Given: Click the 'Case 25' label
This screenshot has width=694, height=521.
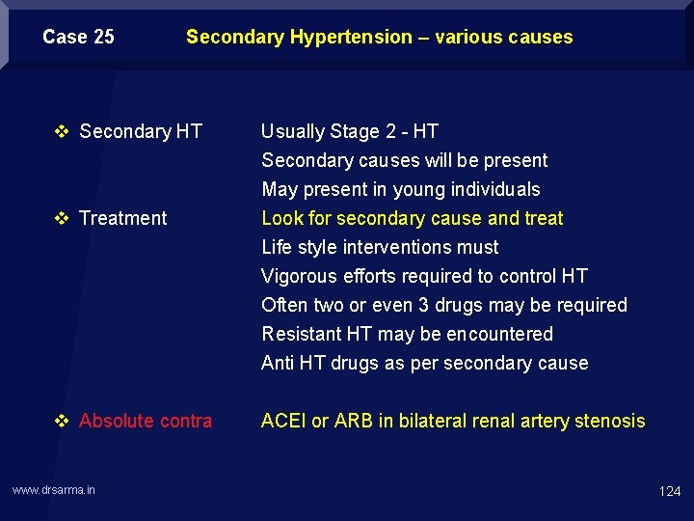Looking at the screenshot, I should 78,38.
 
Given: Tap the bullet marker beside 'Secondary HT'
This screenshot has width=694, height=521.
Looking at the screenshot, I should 63,131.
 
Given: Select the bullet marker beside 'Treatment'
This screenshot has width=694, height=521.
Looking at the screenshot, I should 63,218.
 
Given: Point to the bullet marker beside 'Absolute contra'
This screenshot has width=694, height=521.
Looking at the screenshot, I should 63,421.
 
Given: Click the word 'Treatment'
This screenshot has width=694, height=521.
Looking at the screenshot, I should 123,218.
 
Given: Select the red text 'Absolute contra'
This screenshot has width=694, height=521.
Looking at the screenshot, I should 146,421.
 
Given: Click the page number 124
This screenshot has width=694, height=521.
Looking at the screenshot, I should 669,491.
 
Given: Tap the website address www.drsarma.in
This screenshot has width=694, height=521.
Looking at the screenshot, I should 54,490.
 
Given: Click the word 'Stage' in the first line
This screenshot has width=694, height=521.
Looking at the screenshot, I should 354,131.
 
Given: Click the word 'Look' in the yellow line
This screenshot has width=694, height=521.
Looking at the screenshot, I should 281,218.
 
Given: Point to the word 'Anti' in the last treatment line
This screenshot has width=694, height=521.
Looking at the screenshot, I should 278,363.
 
